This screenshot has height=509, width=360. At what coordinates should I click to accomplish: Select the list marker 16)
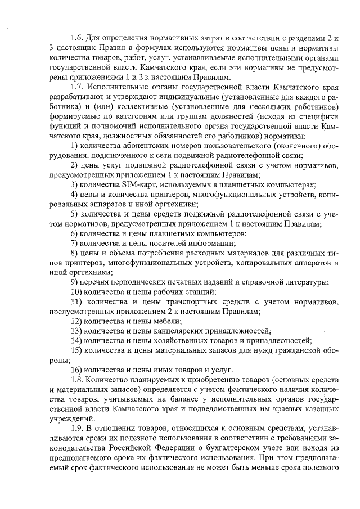tap(76, 370)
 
